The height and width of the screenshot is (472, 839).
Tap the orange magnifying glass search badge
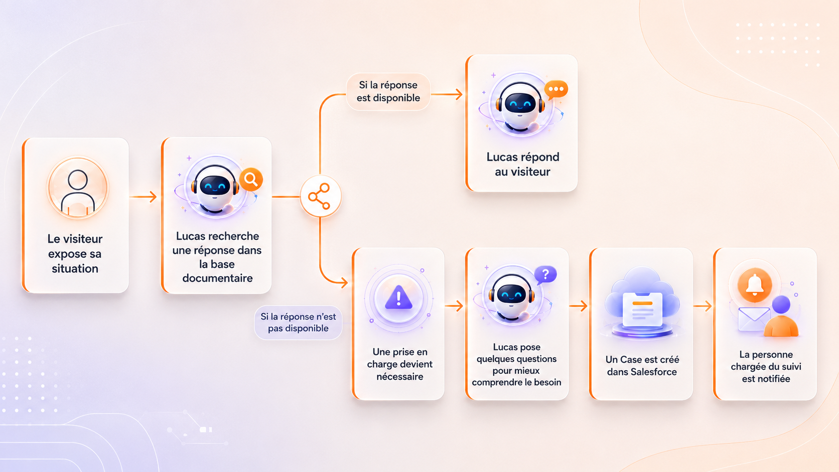coord(251,180)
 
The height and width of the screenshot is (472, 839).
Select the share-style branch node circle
coord(320,196)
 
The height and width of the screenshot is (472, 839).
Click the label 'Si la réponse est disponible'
coord(388,91)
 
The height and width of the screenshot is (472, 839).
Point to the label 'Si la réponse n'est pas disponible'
coord(298,323)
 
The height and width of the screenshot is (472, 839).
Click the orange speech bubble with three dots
coord(556,90)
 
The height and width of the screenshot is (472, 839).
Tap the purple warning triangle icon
coord(398,297)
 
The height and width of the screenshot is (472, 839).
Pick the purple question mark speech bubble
coord(545,275)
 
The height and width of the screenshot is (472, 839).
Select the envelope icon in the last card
coord(754,319)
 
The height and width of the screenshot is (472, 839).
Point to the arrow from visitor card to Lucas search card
coord(143,197)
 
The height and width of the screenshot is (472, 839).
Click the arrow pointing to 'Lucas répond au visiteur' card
coord(447,94)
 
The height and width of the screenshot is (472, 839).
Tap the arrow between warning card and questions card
coord(454,306)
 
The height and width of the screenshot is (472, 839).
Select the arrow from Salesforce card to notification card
coord(703,306)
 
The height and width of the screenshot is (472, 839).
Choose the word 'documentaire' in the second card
coord(217,278)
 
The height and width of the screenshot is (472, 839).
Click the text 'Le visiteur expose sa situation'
coord(75,253)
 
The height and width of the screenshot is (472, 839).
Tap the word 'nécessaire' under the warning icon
coord(399,376)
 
